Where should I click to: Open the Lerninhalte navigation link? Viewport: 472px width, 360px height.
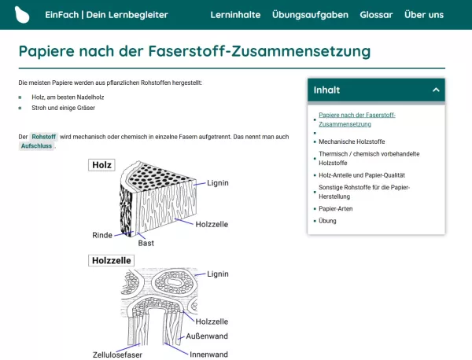click(x=236, y=15)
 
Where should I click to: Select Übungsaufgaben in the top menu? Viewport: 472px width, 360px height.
click(x=310, y=15)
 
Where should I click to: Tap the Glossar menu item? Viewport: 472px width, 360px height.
click(x=376, y=15)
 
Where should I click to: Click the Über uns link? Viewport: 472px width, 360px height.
click(x=423, y=15)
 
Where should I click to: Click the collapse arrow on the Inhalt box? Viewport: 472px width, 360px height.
click(x=436, y=90)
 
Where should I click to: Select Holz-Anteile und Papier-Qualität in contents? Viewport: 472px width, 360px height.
click(x=362, y=175)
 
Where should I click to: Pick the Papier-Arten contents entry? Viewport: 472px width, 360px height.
click(x=336, y=209)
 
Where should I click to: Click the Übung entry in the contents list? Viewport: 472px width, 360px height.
click(x=327, y=221)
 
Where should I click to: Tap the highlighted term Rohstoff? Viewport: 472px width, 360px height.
click(x=44, y=137)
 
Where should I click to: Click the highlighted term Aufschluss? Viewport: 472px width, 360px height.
click(x=36, y=146)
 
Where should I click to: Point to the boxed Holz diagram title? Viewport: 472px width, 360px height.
click(x=101, y=165)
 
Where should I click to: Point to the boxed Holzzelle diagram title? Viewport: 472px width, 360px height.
click(x=111, y=260)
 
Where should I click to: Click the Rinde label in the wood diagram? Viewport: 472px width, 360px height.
click(x=102, y=235)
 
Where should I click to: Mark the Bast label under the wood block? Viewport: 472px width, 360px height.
click(x=146, y=243)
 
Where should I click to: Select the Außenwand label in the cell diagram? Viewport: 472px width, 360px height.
click(x=207, y=336)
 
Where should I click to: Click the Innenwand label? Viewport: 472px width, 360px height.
click(x=208, y=354)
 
